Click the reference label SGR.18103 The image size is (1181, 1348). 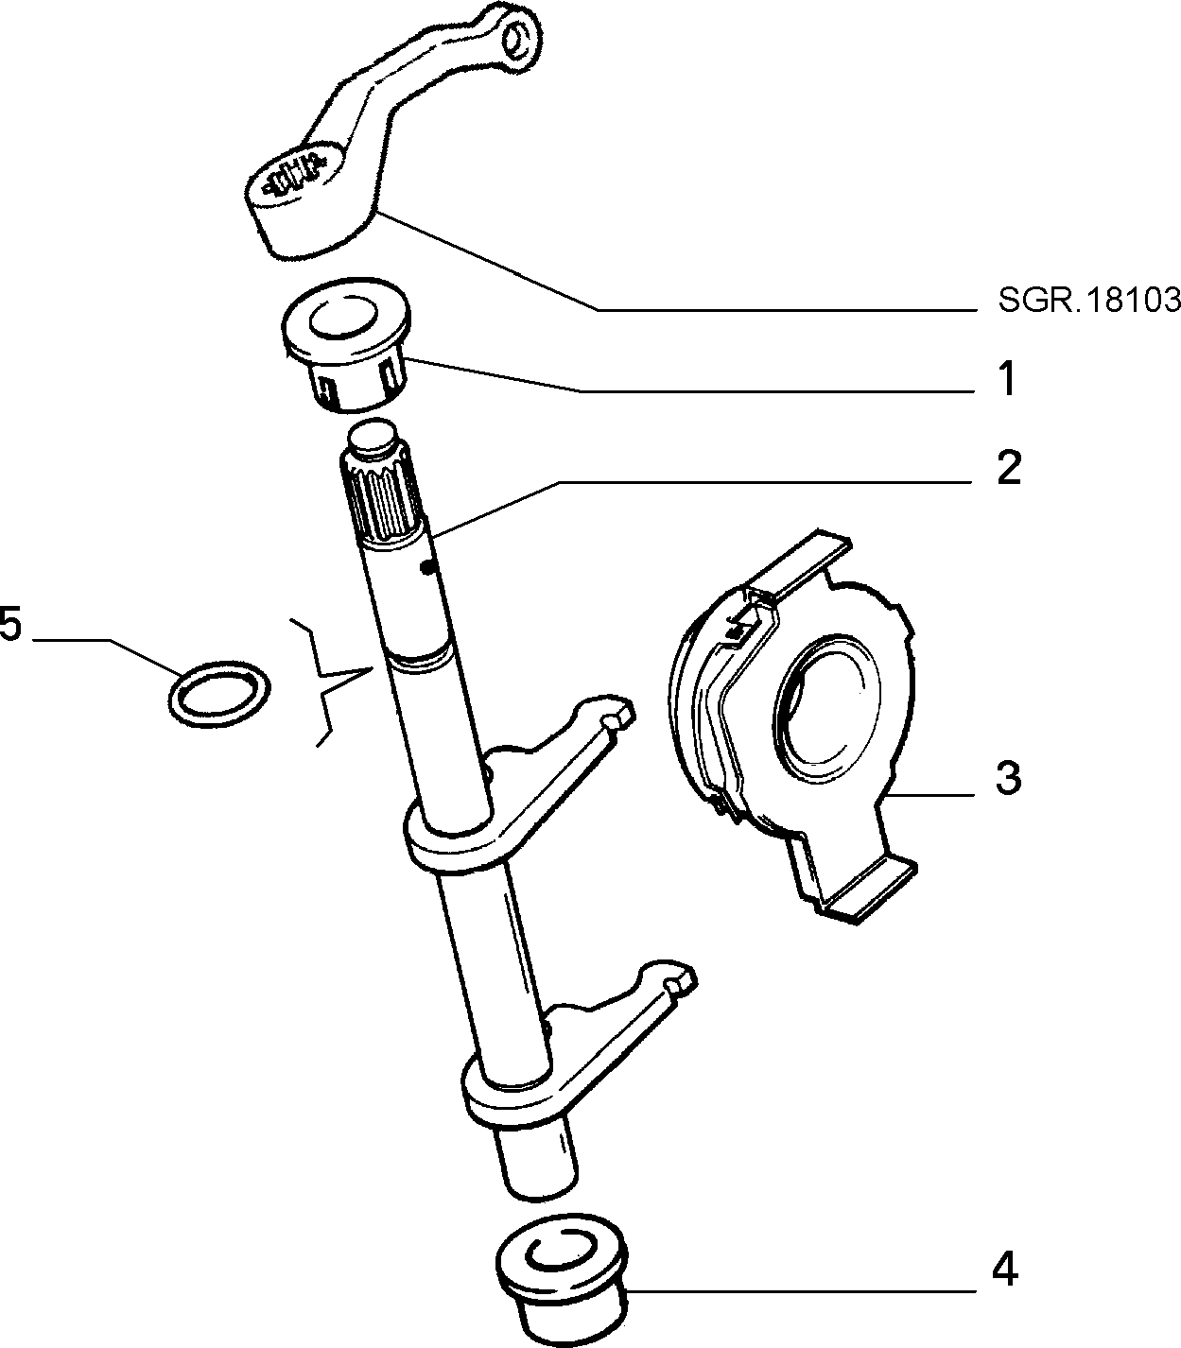1088,301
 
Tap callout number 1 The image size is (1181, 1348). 1007,379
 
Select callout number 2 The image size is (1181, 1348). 1008,468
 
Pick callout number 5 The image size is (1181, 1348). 10,623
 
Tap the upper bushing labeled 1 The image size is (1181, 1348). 345,344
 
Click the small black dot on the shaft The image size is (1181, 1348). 429,549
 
